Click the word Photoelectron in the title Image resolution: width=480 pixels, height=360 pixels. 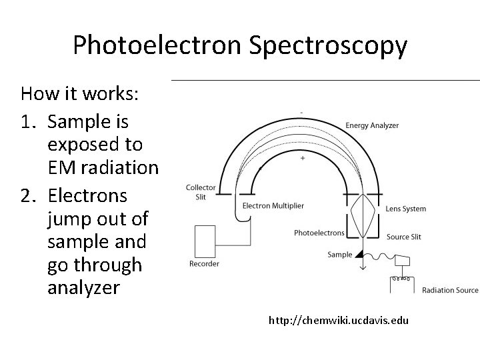click(x=159, y=45)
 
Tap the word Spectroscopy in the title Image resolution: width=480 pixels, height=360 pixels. click(x=329, y=45)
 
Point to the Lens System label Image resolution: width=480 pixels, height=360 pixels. click(x=405, y=209)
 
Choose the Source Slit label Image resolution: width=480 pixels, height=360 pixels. click(x=403, y=237)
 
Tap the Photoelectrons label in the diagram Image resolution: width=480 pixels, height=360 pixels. click(x=319, y=233)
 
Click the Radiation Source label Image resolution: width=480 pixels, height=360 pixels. click(x=450, y=290)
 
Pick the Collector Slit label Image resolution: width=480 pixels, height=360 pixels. click(x=201, y=191)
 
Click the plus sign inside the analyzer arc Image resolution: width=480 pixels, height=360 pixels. click(x=303, y=159)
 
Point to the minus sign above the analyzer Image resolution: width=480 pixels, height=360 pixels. click(x=303, y=112)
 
